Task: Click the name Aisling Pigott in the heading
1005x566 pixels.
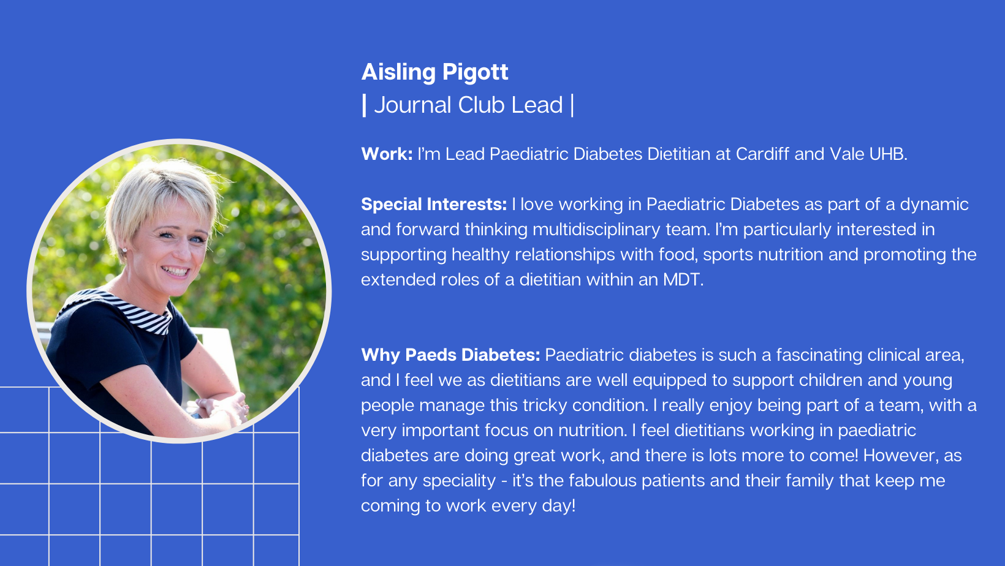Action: click(x=434, y=72)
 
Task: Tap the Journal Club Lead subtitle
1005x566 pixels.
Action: click(x=468, y=105)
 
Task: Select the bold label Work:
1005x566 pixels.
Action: click(x=387, y=154)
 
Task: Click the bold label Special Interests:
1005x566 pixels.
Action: click(x=434, y=205)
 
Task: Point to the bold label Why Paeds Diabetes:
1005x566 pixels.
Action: click(x=450, y=355)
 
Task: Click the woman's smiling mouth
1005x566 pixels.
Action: click(x=175, y=271)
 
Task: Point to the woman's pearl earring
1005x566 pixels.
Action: click(x=124, y=249)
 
